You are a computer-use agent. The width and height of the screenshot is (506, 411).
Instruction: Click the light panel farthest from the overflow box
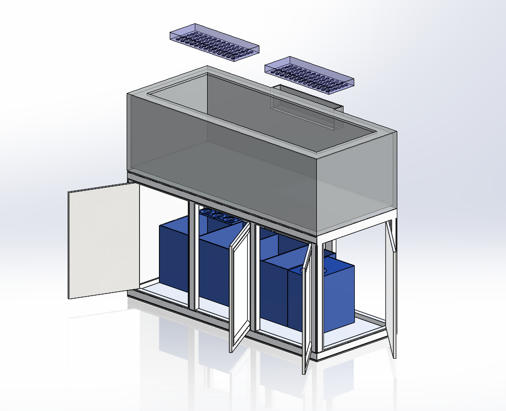(214, 42)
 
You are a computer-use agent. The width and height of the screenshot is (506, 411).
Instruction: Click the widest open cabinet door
(104, 241)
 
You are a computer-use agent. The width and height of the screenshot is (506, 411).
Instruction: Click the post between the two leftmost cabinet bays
(193, 257)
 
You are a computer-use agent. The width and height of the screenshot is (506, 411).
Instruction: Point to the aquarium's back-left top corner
(207, 67)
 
